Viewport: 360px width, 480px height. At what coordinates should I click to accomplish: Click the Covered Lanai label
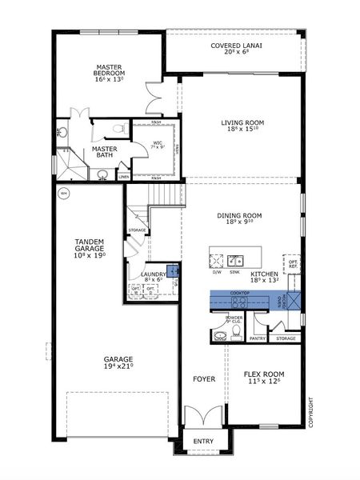coord(236,46)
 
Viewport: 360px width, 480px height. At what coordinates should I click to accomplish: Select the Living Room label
coord(242,122)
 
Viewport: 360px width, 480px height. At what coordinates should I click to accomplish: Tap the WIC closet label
coord(158,144)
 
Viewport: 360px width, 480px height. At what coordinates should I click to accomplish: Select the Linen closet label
coord(124,177)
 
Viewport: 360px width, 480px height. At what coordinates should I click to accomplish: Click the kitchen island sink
coord(234,260)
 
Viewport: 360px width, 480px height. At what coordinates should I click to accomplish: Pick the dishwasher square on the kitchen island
coord(217,260)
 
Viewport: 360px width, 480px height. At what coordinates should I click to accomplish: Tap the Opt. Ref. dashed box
coord(292,264)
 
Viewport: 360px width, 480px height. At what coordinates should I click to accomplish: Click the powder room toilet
coord(220,336)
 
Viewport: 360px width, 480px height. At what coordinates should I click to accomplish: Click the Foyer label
coord(203,378)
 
